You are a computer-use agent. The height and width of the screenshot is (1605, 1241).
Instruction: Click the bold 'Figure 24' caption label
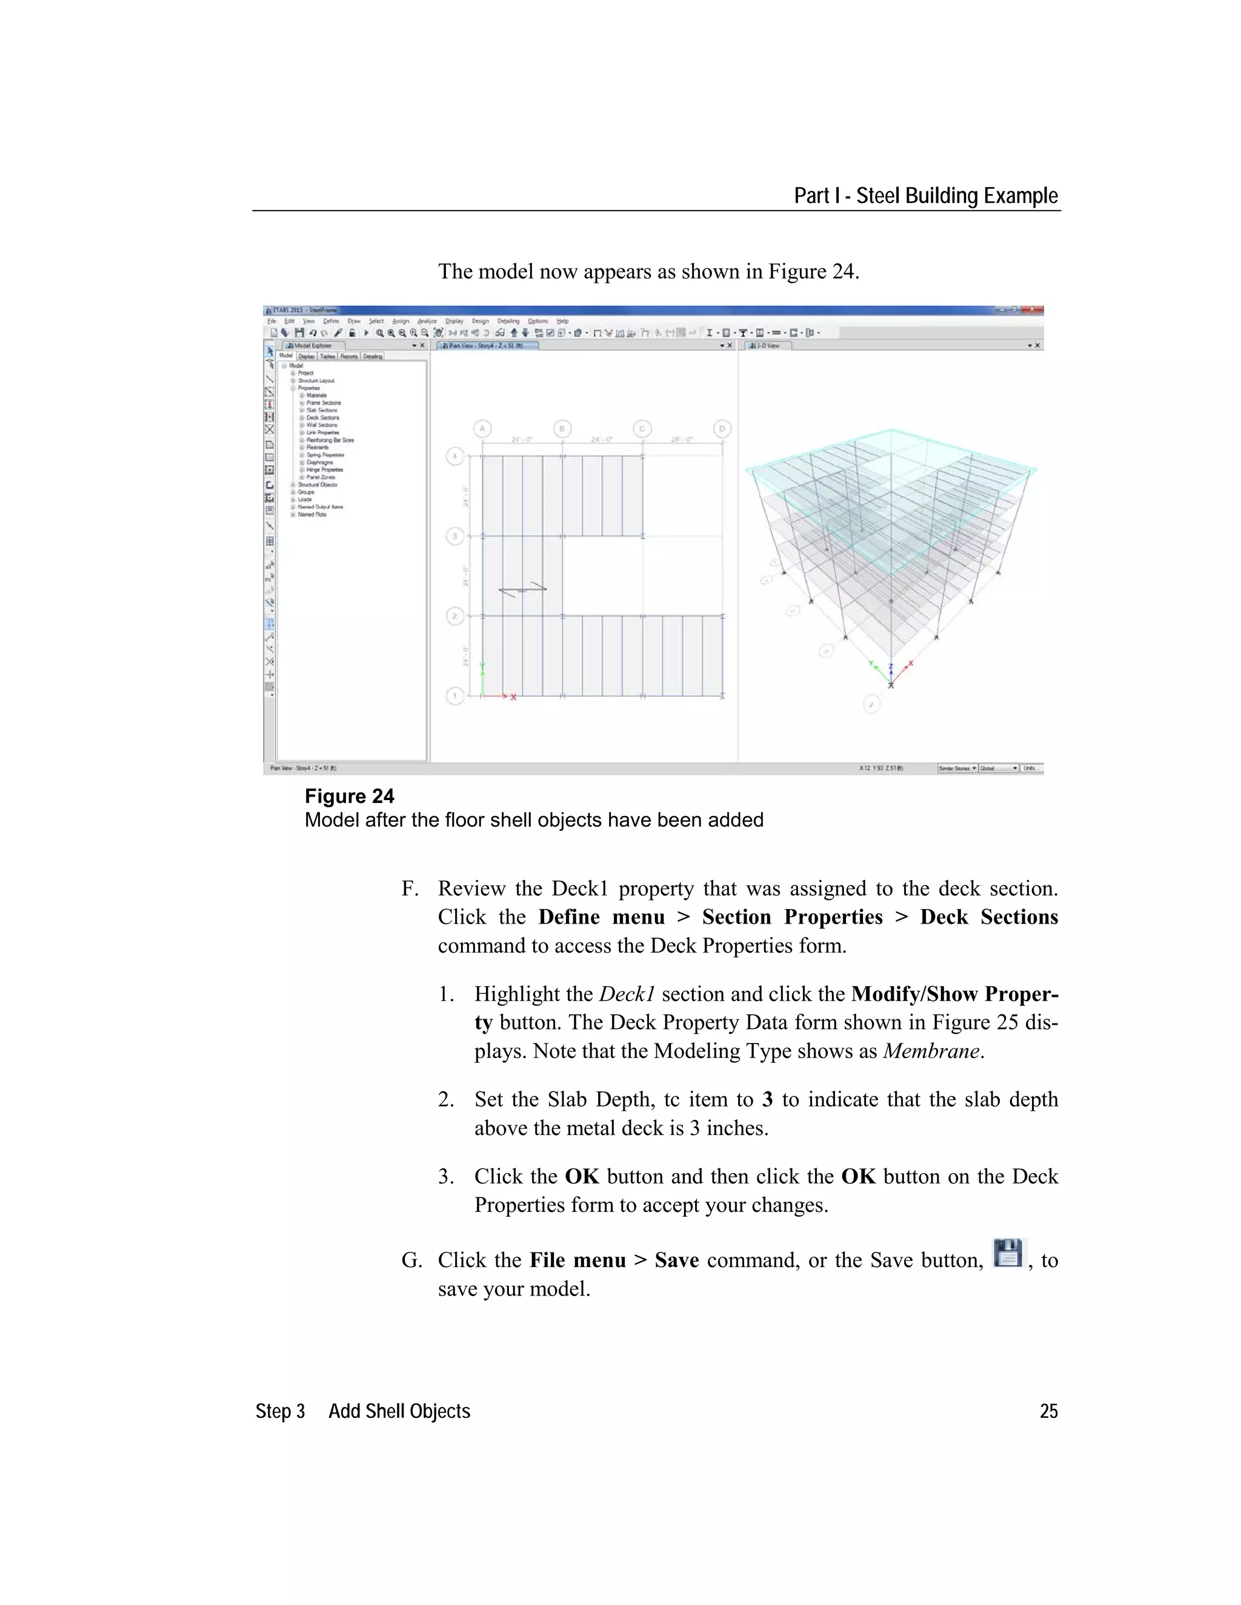coord(349,796)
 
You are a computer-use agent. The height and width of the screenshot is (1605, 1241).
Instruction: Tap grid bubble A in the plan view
coord(482,428)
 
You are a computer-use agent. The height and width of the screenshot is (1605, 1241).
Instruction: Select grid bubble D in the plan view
coord(722,428)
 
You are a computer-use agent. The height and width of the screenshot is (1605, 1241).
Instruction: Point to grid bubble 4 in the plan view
coord(455,457)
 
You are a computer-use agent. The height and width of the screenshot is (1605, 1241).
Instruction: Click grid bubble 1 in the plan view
coord(455,695)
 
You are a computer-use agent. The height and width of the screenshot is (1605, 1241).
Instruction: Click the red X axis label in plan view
coord(513,697)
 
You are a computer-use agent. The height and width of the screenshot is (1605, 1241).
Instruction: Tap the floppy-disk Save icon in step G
coord(1008,1253)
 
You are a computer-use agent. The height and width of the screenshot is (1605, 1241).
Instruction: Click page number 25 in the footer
coord(1048,1411)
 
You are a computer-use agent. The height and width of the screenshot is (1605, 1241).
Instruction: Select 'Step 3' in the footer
coord(280,1411)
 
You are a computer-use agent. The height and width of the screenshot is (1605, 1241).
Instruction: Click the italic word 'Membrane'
coord(931,1051)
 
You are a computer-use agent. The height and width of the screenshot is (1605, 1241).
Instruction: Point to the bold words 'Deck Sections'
coord(989,917)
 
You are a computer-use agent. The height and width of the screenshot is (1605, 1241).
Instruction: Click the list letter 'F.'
coord(410,889)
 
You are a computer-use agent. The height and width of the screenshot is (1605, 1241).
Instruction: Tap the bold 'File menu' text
coord(577,1260)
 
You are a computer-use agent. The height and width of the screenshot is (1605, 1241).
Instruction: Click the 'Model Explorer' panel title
coord(313,345)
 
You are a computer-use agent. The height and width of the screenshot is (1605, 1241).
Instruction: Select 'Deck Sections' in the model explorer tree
coord(323,417)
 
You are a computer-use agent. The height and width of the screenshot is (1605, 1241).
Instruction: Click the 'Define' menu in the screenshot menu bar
coord(331,321)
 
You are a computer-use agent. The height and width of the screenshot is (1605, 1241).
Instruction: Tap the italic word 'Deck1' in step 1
coord(627,994)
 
